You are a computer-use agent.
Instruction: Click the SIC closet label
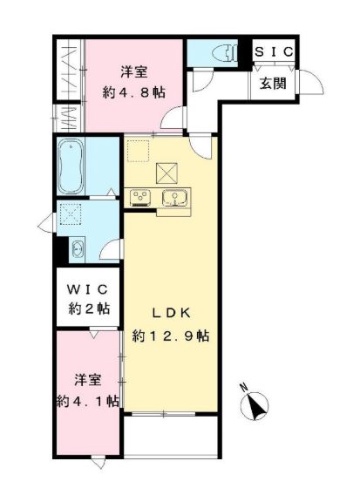(x=274, y=51)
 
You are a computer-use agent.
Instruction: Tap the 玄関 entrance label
(x=273, y=84)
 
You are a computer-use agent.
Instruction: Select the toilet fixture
(x=225, y=52)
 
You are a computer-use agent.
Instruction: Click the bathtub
(x=71, y=166)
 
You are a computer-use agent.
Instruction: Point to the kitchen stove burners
(x=139, y=198)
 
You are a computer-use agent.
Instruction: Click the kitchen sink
(x=173, y=198)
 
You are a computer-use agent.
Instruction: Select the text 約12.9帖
(x=171, y=336)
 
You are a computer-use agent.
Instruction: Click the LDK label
(x=172, y=314)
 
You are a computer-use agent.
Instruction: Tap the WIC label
(x=88, y=289)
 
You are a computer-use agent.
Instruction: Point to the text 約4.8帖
(x=133, y=92)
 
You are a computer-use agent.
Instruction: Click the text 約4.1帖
(x=88, y=401)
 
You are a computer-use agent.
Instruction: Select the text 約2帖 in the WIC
(x=90, y=309)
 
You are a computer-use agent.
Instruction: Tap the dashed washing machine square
(x=71, y=214)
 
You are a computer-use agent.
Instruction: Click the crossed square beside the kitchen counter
(x=166, y=173)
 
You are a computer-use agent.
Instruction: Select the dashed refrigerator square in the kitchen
(x=138, y=151)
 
